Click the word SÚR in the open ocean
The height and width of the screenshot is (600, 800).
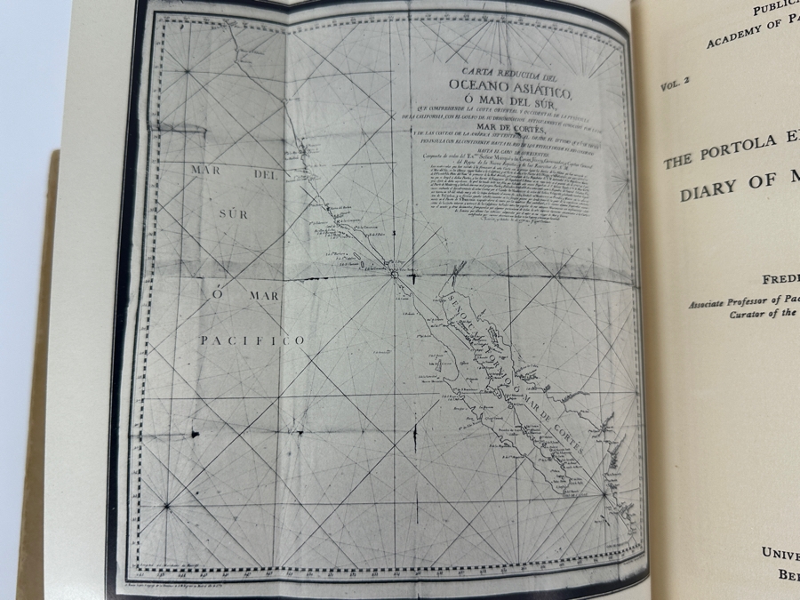tap(234, 213)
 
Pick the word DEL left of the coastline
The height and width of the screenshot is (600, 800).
tap(266, 175)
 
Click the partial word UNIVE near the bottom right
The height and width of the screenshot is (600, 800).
tap(780, 551)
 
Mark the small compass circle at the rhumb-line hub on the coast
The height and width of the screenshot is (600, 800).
tap(394, 275)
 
